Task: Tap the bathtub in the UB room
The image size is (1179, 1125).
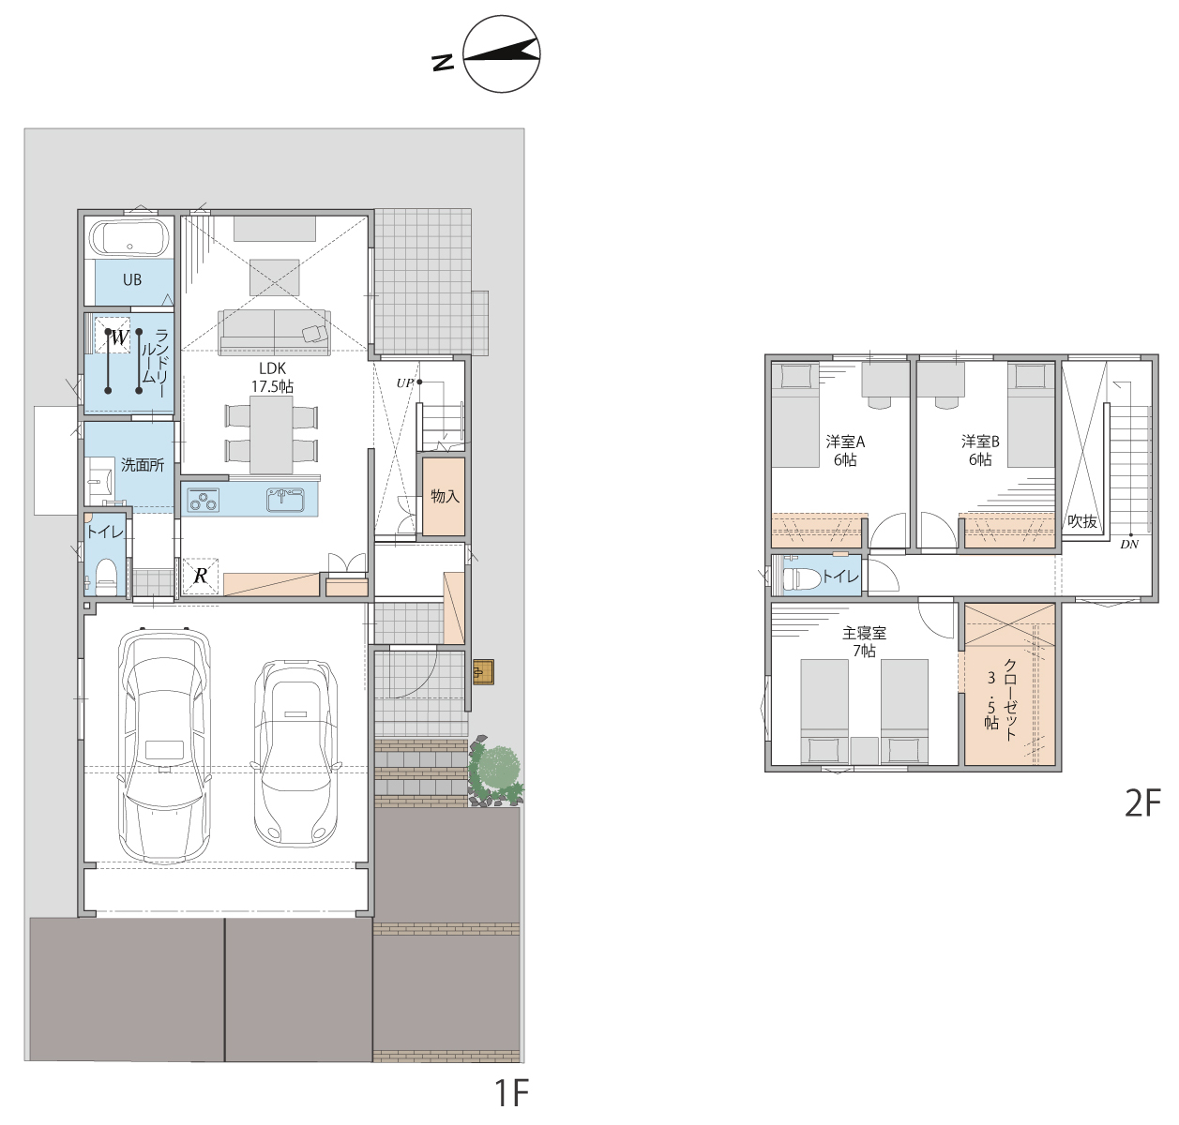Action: (x=129, y=238)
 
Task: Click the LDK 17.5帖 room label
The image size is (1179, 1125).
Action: (x=272, y=377)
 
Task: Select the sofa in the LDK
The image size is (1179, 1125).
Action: (x=275, y=332)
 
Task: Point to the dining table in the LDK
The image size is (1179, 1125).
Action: (x=272, y=434)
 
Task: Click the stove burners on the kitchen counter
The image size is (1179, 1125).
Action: (x=203, y=501)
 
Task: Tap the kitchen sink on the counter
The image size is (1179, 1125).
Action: (x=285, y=500)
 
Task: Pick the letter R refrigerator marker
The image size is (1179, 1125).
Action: (x=201, y=576)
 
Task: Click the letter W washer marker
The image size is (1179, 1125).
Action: (x=119, y=337)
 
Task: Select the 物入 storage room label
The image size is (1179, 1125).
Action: (x=445, y=497)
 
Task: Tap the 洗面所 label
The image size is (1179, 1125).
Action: (x=143, y=465)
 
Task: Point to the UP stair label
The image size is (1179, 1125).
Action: (x=404, y=382)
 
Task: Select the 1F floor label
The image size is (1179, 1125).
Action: (x=512, y=1093)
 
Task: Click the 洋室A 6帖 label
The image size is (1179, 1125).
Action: (x=845, y=451)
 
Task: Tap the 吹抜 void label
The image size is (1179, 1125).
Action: (x=1082, y=521)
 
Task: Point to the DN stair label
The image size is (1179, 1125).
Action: (x=1129, y=545)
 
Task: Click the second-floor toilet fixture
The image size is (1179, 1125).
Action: (x=802, y=577)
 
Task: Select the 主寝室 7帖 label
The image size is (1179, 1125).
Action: (x=864, y=642)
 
